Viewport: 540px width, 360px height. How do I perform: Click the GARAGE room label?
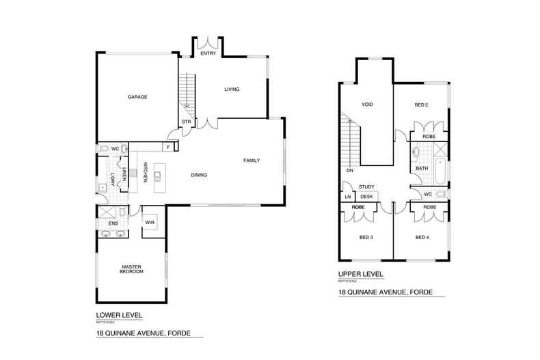tap(137, 97)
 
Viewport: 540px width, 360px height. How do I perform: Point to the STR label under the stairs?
tap(185, 122)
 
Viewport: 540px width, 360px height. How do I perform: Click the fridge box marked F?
tap(167, 146)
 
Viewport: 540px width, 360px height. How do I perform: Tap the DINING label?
tap(199, 175)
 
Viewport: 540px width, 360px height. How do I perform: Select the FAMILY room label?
tap(252, 161)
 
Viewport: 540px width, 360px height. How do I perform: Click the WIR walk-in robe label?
tap(150, 223)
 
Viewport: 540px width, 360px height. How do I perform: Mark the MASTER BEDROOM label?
tap(131, 269)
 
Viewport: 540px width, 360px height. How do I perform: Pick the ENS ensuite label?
tap(105, 222)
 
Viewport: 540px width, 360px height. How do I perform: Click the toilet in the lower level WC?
tap(103, 148)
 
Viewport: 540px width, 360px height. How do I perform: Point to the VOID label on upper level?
tap(367, 105)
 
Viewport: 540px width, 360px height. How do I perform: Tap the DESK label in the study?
tap(366, 196)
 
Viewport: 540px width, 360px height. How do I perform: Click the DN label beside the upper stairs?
tap(349, 171)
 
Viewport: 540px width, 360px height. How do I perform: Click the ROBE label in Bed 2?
tap(429, 136)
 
